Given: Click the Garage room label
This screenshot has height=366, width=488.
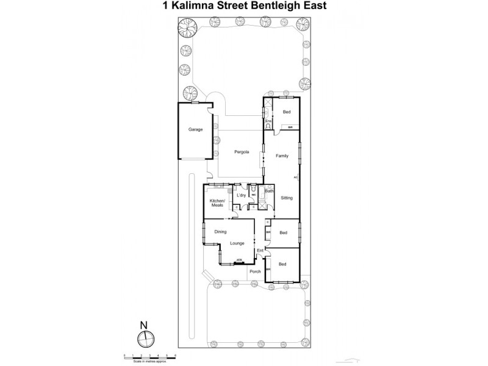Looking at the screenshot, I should pos(195,129).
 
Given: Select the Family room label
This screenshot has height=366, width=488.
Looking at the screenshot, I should pos(282,156).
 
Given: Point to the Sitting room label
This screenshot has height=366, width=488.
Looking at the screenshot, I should pos(287,198).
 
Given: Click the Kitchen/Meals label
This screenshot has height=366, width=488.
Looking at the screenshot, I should pos(218,203).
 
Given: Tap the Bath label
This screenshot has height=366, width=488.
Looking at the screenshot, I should pos(269,192).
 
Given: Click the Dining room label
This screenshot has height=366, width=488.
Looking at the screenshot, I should pos(220,231).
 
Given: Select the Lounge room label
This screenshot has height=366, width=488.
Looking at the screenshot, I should pos(237,243).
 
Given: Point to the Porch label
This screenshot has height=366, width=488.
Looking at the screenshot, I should pos(256,271).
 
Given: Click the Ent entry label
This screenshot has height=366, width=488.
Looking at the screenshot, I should pos(260,251).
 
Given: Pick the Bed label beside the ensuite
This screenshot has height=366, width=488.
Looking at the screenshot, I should pos(286,112).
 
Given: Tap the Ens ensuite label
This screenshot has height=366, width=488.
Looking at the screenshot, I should pos(268,121).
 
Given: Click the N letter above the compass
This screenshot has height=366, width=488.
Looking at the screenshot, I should pos(143,325).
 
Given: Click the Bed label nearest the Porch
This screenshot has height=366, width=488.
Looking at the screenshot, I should pos(282,264).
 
